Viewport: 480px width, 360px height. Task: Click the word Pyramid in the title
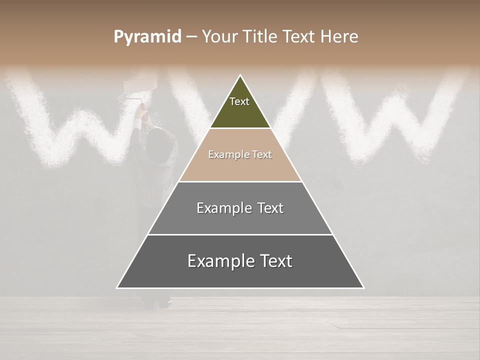coord(147,37)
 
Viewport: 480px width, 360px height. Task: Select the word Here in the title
coord(339,37)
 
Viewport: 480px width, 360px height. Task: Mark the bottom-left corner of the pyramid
coord(117,287)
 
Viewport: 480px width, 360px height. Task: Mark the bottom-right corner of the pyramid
coord(363,287)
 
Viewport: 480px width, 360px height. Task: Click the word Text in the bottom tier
coord(275,261)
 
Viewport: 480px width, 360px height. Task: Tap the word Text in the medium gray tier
coord(270,208)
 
